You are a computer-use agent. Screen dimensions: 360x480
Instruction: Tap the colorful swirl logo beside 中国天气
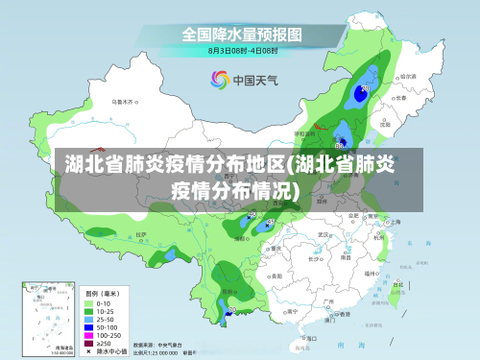pyautogui.click(x=220, y=81)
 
